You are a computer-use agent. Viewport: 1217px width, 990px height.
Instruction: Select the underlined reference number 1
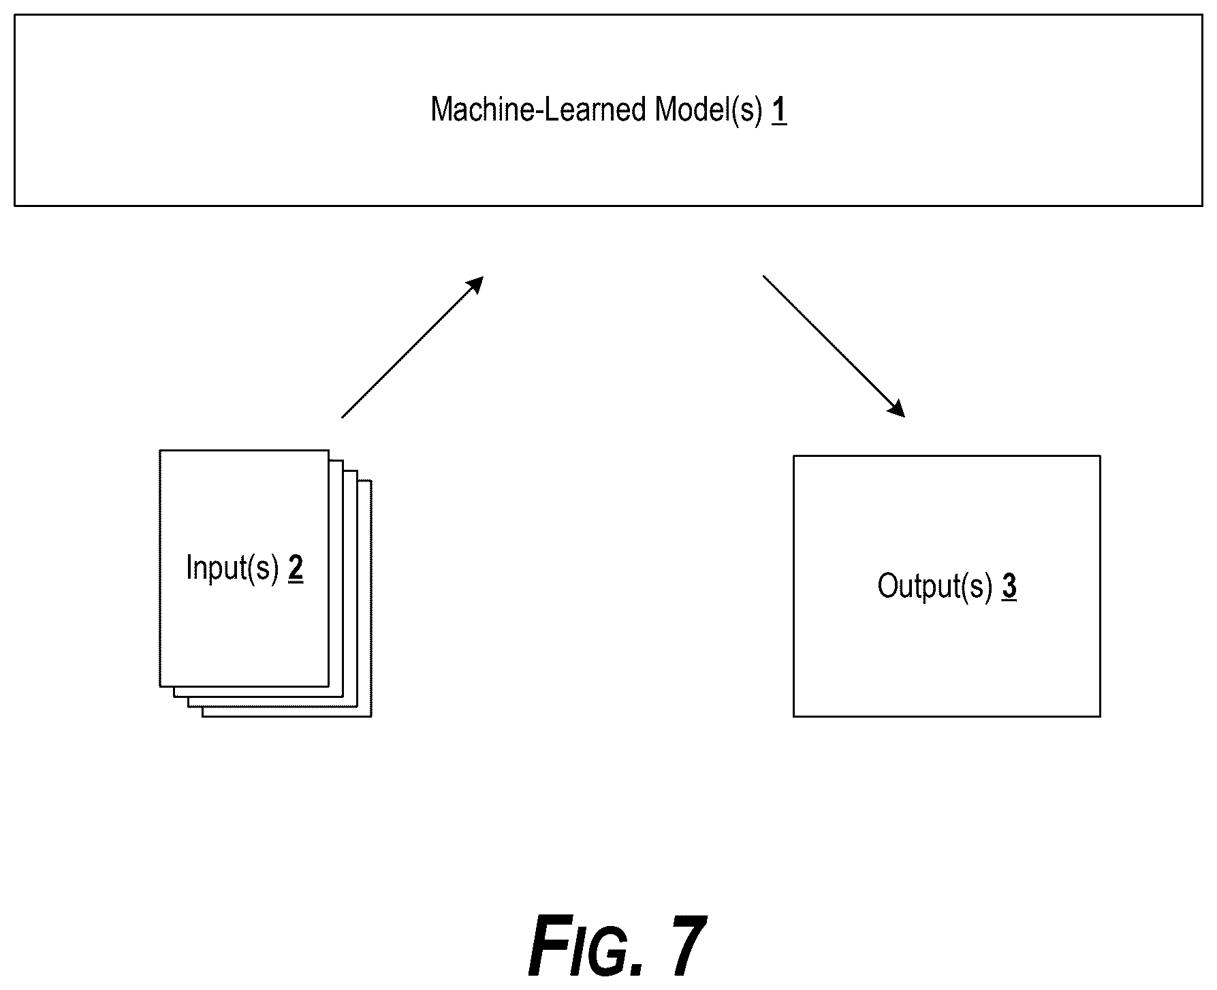[779, 110]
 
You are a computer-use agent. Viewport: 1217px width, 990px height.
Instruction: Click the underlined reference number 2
[296, 569]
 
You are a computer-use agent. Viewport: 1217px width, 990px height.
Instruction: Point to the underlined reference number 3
[1009, 586]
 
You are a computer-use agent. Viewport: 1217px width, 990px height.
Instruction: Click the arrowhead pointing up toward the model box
[474, 286]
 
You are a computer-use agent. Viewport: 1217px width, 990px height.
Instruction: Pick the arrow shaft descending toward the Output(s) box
[834, 346]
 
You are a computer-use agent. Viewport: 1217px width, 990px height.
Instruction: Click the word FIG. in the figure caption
[586, 947]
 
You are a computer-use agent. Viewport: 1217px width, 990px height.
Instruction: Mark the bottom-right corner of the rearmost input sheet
[371, 716]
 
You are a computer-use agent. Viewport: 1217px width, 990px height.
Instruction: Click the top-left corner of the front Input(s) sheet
[160, 450]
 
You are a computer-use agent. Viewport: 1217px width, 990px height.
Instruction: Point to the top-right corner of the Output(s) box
[1100, 456]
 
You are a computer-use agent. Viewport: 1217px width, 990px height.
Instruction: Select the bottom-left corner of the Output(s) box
[794, 716]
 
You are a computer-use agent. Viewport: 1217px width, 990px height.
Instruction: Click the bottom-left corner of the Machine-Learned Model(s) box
[15, 205]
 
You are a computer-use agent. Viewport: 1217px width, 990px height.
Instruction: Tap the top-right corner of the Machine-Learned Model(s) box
[1202, 16]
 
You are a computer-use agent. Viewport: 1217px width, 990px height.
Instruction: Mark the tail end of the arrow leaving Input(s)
[342, 417]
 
